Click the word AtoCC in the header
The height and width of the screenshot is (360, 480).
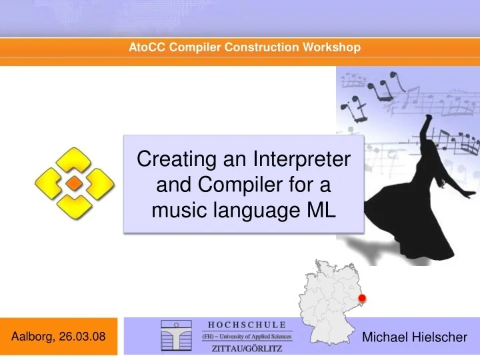tap(145, 47)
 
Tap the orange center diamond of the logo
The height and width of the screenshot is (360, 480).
tap(75, 183)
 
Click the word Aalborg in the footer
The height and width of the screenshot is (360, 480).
tap(33, 336)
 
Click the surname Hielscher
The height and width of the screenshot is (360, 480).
tap(439, 337)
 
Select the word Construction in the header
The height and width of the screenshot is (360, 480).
tap(265, 47)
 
